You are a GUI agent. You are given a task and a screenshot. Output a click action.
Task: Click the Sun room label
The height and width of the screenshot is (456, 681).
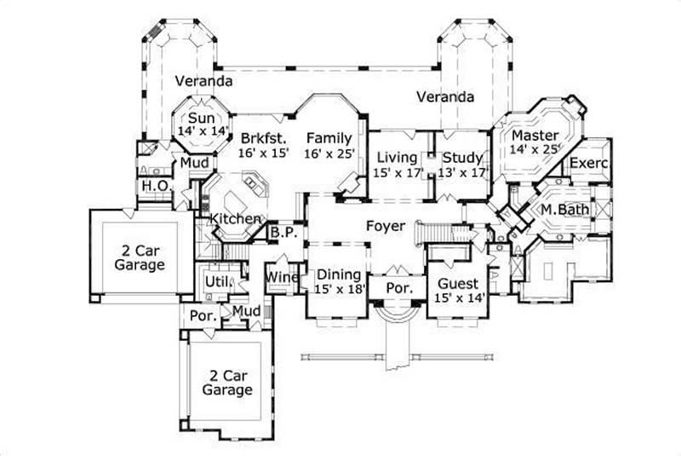point(201,118)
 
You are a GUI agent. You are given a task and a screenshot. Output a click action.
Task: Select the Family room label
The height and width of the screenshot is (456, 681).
point(329,138)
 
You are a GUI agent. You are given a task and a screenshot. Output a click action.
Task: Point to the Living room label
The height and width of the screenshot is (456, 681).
point(396,158)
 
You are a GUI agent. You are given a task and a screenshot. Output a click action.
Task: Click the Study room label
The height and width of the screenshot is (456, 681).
point(463,158)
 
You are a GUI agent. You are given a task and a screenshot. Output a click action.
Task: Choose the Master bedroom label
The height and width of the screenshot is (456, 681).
point(535,136)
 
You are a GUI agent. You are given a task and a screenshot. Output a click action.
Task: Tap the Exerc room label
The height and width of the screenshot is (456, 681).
point(588,163)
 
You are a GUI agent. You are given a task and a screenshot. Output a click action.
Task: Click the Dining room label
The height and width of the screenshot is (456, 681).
point(339,275)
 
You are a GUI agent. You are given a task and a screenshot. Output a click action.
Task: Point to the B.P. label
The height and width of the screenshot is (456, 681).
point(282,231)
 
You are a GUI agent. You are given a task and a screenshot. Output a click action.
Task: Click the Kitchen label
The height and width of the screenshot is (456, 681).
point(235,219)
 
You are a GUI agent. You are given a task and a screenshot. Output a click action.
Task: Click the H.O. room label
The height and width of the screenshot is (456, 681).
point(153,186)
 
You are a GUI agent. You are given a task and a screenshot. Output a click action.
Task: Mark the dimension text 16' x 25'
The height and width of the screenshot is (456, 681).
point(329,153)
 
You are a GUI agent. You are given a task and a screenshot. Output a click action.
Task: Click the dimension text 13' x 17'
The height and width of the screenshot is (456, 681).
point(463,171)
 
